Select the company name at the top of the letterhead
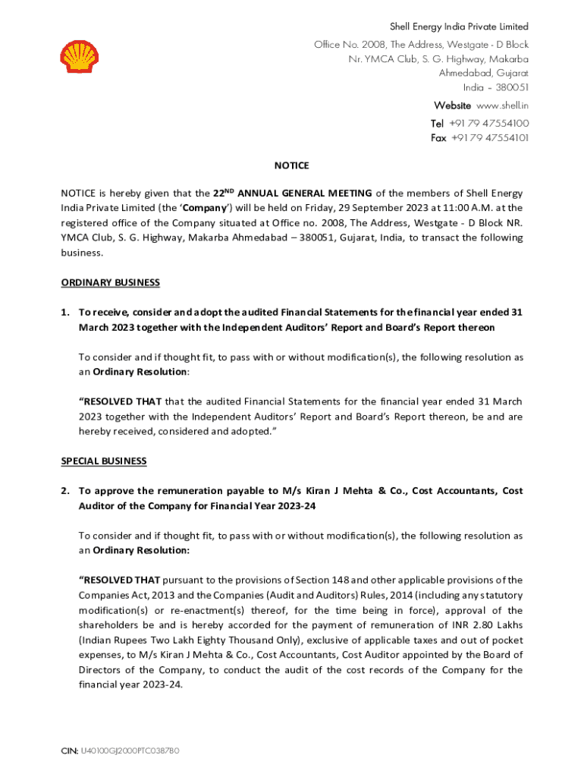pyautogui.click(x=459, y=27)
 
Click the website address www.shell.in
pyautogui.click(x=501, y=105)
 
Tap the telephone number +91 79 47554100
pyautogui.click(x=488, y=123)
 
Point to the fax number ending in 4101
pyautogui.click(x=490, y=138)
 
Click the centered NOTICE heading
pyautogui.click(x=291, y=165)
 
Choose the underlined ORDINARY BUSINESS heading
pyautogui.click(x=110, y=283)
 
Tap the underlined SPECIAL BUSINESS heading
pyautogui.click(x=104, y=461)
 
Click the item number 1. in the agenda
pyautogui.click(x=66, y=313)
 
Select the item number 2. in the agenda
pyautogui.click(x=66, y=491)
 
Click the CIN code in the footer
pyautogui.click(x=120, y=751)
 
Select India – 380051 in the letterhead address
pyautogui.click(x=496, y=88)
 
